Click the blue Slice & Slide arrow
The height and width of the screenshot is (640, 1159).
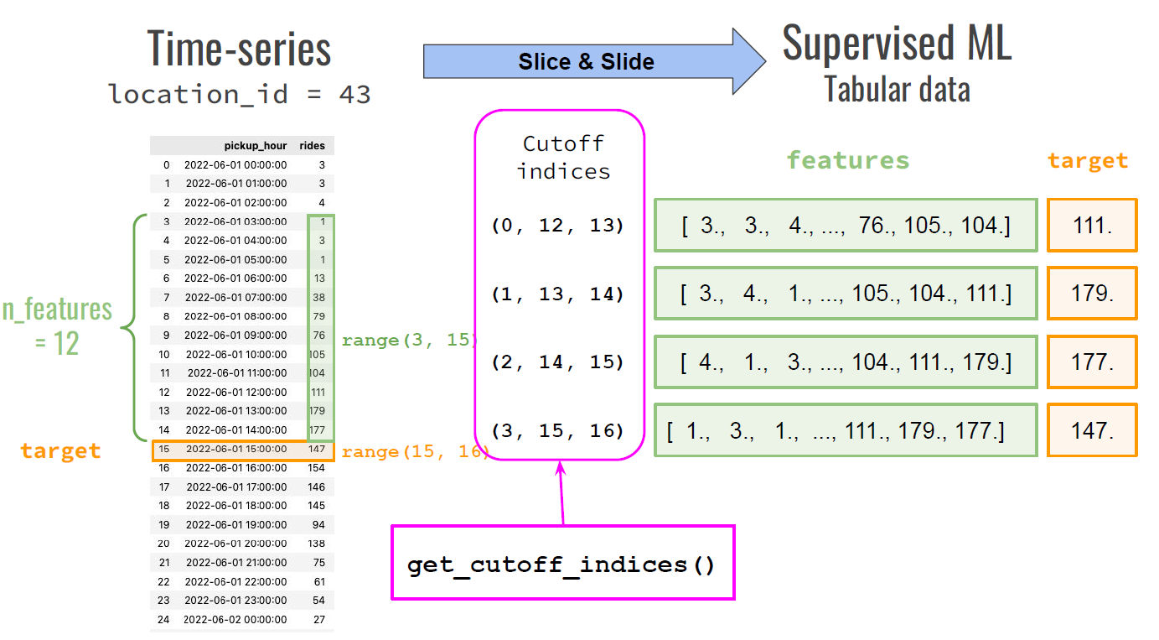(x=587, y=62)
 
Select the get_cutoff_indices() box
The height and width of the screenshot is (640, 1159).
(x=562, y=564)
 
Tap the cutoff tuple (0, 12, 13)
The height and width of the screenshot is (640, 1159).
(x=558, y=226)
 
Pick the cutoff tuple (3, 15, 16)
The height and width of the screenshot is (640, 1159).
(x=558, y=431)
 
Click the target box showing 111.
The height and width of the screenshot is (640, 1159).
(x=1092, y=225)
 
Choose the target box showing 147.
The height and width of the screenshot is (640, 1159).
(x=1092, y=430)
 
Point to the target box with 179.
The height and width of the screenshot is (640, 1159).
(x=1092, y=294)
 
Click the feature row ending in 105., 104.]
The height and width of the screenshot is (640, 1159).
(x=846, y=225)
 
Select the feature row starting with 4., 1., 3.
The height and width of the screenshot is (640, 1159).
(x=846, y=362)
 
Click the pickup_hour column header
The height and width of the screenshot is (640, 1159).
(x=256, y=146)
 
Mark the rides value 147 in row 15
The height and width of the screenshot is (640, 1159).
(x=316, y=450)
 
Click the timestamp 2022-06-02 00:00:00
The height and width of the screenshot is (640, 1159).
(x=235, y=619)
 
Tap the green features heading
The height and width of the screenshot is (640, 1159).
(x=847, y=160)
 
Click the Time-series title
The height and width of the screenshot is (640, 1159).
(x=240, y=49)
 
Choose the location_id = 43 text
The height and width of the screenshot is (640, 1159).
(x=240, y=94)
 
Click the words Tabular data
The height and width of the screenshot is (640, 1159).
(x=897, y=89)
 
